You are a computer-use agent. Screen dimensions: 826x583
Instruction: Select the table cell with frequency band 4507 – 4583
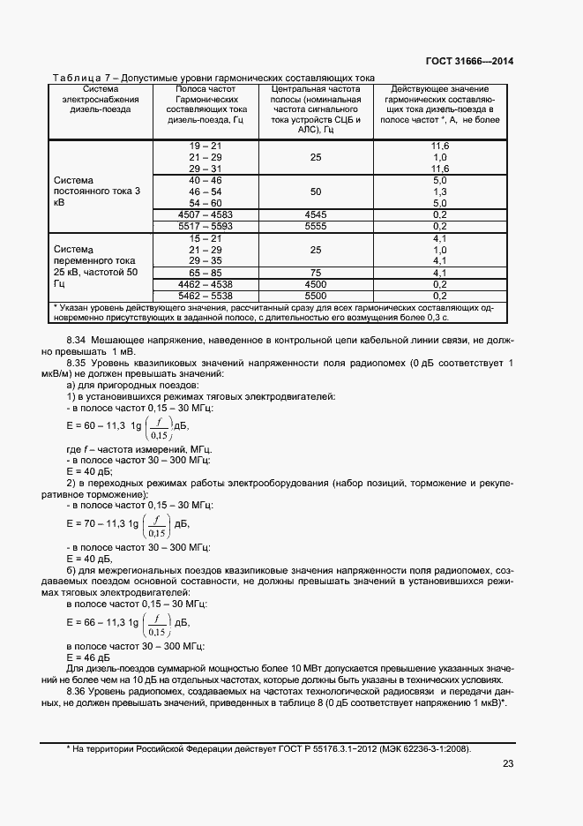click(x=206, y=214)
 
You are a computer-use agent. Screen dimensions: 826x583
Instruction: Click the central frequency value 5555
click(x=316, y=226)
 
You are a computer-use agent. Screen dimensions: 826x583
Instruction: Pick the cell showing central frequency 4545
click(x=316, y=214)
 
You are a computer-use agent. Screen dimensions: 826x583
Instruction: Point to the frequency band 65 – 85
click(x=206, y=273)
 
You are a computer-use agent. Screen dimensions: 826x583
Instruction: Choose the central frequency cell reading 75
click(x=316, y=273)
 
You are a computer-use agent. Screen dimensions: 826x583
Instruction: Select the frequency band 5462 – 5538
click(x=206, y=296)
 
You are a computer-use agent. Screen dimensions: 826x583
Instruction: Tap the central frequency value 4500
click(x=316, y=284)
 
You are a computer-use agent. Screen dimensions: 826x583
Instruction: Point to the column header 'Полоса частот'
click(x=206, y=89)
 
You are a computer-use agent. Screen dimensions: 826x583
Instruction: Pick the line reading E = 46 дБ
click(x=87, y=657)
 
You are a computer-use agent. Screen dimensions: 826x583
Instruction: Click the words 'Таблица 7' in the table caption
click(x=78, y=78)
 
